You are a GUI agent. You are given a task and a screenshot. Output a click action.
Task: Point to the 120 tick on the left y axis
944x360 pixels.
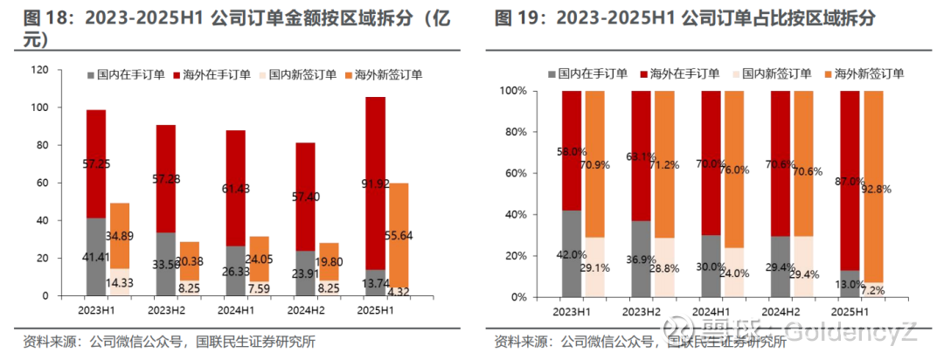coord(42,70)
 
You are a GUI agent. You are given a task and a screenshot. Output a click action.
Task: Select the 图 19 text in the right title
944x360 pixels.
coord(513,18)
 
